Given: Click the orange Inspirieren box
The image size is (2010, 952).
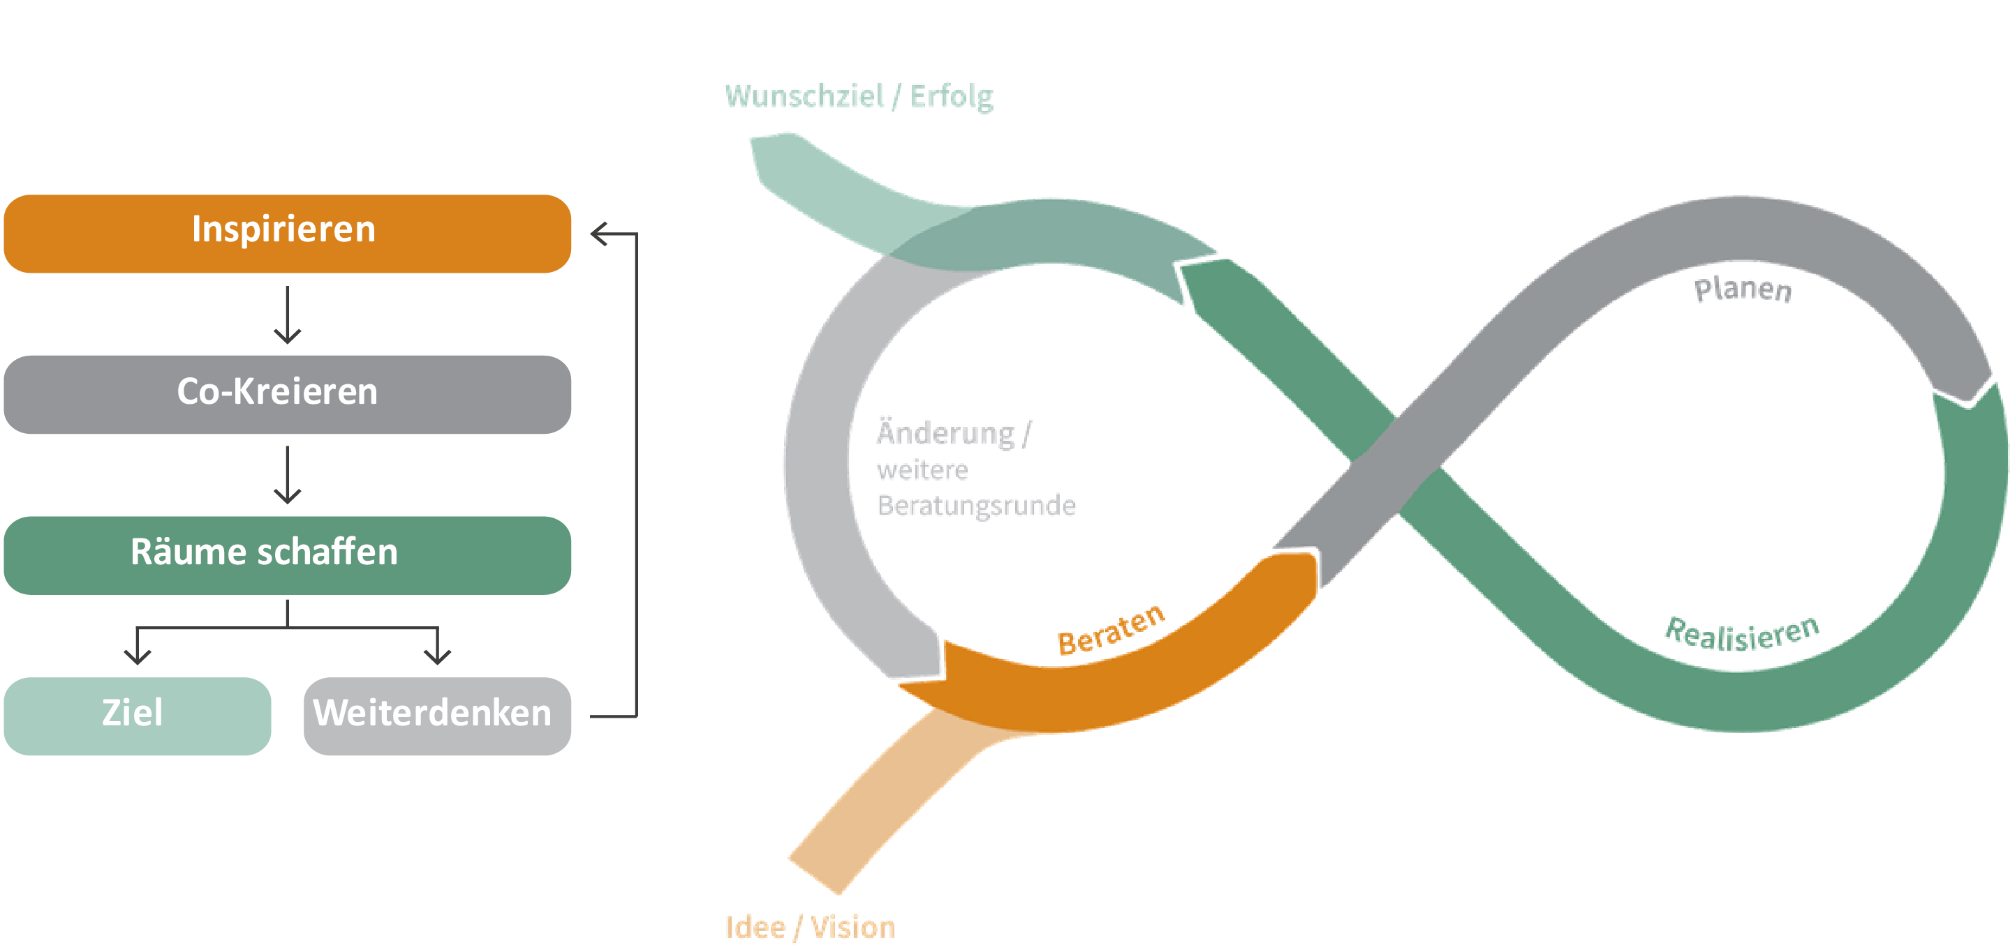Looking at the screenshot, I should (287, 233).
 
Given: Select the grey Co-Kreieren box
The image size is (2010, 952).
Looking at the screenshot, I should (287, 395).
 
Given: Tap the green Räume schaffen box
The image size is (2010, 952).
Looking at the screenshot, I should (287, 555).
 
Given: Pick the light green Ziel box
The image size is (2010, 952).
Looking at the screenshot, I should (138, 716).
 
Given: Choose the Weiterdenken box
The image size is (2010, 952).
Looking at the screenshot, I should (437, 716).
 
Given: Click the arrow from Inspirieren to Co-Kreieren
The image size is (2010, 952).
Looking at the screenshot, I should (287, 315).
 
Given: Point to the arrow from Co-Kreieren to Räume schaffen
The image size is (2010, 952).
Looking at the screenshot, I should (287, 475).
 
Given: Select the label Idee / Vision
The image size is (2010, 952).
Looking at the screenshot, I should (810, 927).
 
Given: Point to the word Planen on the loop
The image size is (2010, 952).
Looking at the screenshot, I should (1743, 289).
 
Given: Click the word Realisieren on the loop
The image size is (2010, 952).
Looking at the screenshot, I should (1742, 633).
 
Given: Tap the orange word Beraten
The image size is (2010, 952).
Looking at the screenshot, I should (1111, 630).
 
